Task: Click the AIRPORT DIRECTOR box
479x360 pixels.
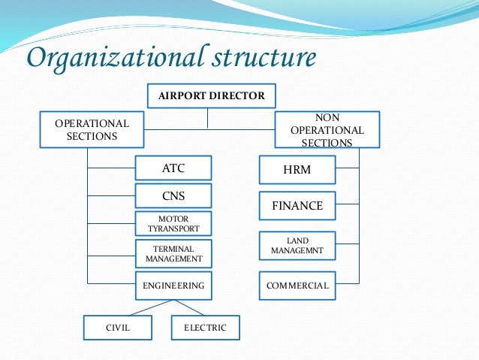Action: point(211,96)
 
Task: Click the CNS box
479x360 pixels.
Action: point(173,196)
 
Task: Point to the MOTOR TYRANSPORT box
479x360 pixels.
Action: point(173,223)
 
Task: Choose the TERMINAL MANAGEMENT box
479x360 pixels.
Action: point(173,253)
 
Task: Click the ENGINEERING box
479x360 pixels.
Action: point(173,286)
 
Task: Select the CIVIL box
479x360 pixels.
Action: point(117,328)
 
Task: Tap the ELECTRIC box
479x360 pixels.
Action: point(205,328)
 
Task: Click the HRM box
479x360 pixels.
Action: point(297,171)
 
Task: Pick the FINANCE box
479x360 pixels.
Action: point(297,205)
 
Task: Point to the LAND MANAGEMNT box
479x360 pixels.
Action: point(297,245)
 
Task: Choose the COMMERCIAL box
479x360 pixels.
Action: point(297,286)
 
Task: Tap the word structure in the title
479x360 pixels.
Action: point(264,57)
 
